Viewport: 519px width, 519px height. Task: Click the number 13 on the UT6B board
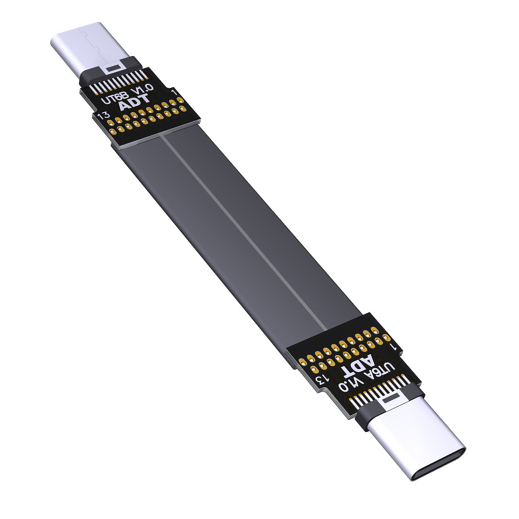point(100,115)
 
